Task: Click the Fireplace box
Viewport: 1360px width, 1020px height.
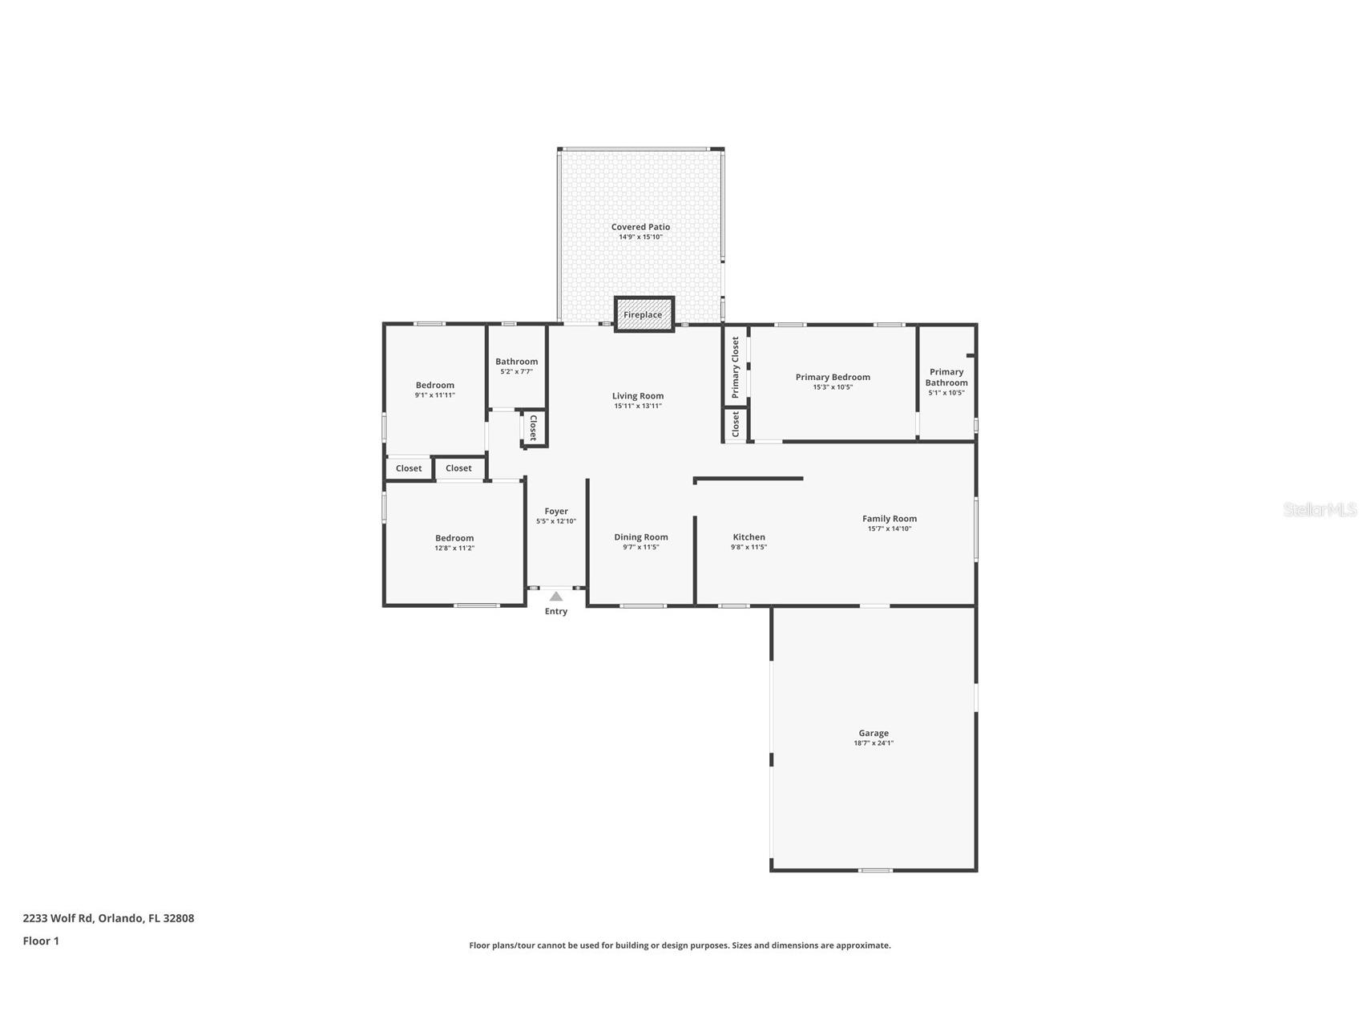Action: [644, 314]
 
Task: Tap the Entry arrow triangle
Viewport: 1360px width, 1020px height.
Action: [556, 596]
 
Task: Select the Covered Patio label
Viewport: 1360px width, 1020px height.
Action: [640, 227]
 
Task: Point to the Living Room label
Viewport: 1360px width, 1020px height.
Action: [638, 395]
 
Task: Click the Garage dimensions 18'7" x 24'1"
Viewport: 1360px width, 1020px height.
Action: [874, 743]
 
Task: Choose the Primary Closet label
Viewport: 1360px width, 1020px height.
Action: [735, 367]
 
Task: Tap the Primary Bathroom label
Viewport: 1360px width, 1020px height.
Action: [946, 377]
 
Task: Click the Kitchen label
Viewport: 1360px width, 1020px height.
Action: [749, 537]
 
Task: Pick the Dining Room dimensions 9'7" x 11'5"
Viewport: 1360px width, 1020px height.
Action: [641, 548]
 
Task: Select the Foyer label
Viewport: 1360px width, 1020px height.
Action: [556, 511]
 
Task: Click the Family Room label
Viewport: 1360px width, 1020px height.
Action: [890, 519]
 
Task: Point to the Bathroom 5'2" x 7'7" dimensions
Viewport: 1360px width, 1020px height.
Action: [517, 372]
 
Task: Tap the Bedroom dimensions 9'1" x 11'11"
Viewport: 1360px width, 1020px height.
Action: [435, 395]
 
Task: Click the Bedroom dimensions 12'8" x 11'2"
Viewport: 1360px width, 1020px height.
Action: [454, 548]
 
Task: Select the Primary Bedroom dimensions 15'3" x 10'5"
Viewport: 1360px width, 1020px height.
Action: [833, 387]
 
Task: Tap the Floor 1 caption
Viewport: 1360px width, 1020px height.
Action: [41, 941]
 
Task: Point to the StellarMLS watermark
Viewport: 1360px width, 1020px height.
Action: [1320, 510]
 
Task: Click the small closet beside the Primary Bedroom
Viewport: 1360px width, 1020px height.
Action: [736, 425]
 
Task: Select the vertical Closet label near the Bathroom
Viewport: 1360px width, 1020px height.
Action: [533, 427]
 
